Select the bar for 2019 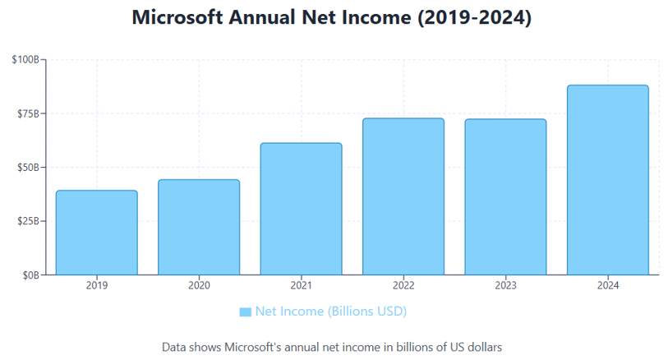[x=96, y=233]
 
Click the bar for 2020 [x=199, y=227]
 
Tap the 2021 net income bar [x=301, y=209]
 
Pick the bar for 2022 [x=403, y=196]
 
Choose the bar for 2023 [x=505, y=196]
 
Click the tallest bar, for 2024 [x=607, y=180]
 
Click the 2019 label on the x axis [x=96, y=285]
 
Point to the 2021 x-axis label [x=301, y=285]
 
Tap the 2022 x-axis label [x=403, y=285]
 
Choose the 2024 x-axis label [x=607, y=285]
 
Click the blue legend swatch [x=245, y=312]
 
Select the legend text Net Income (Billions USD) [x=330, y=312]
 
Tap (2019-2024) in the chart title [x=474, y=18]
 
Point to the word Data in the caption [x=175, y=346]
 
